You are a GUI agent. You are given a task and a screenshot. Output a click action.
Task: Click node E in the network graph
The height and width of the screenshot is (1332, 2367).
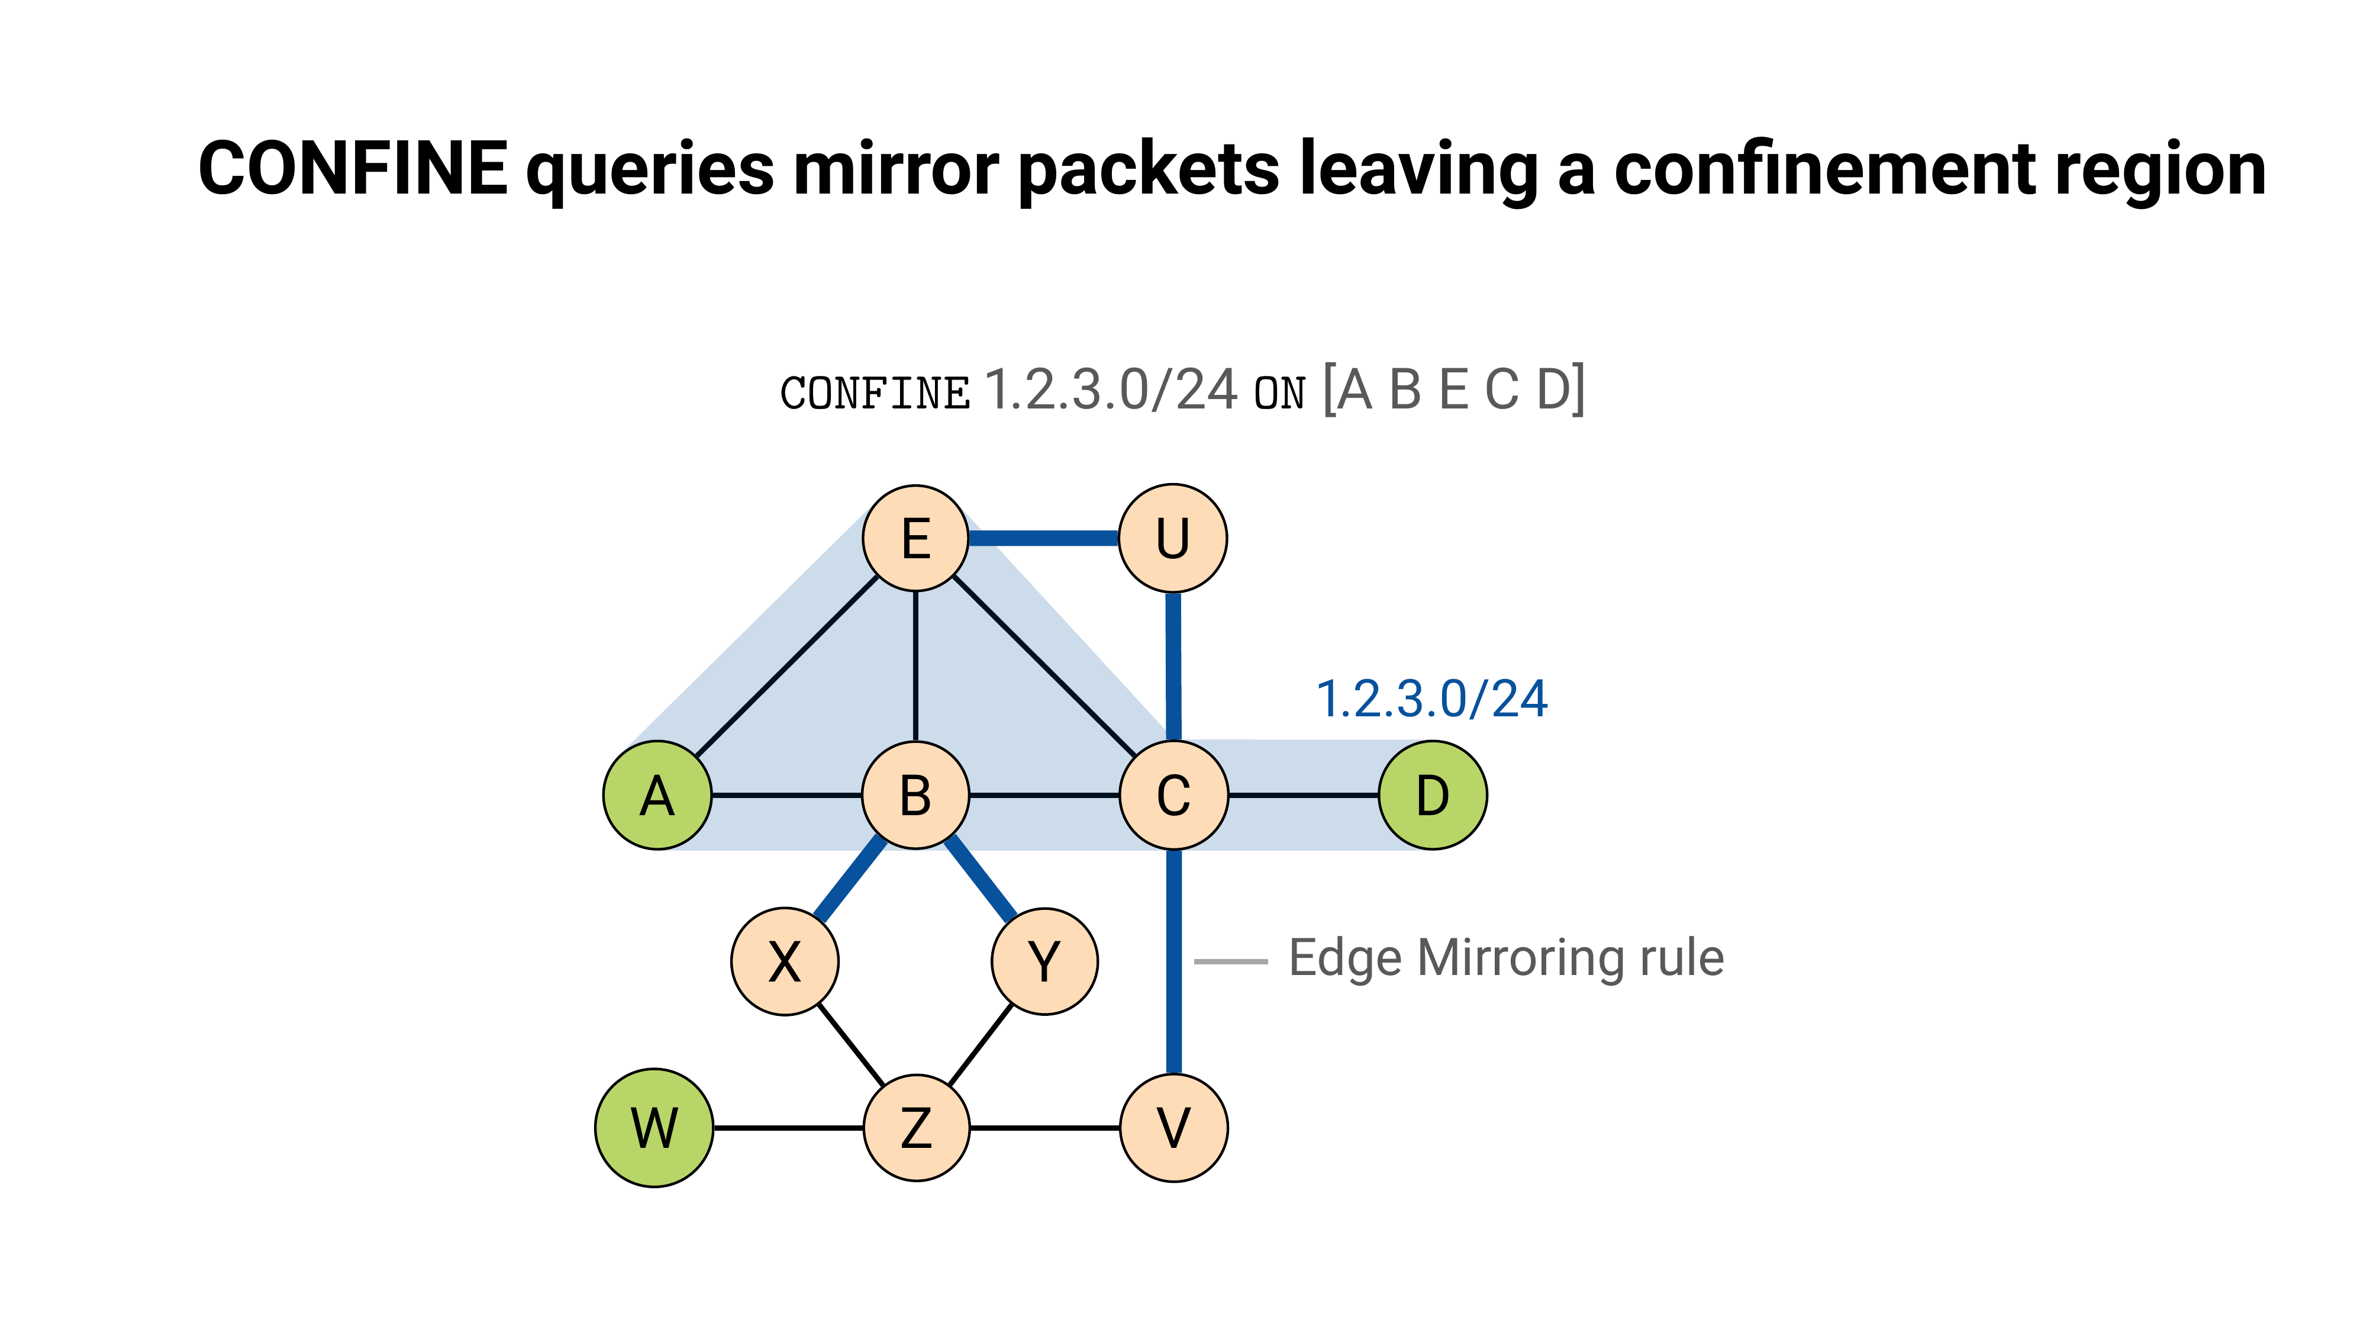[x=915, y=538]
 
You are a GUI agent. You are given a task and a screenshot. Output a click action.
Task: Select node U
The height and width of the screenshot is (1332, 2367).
[x=1172, y=538]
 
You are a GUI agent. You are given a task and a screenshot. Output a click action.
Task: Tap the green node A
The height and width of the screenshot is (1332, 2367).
[x=657, y=795]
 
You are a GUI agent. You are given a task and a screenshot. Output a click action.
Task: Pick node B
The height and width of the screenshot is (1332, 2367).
[x=915, y=795]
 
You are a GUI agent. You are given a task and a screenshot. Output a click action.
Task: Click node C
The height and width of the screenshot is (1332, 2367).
[x=1173, y=795]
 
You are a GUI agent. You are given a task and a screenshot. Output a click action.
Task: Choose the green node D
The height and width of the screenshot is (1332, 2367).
[x=1433, y=795]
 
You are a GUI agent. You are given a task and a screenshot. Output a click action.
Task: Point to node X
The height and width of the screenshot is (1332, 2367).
[x=785, y=961]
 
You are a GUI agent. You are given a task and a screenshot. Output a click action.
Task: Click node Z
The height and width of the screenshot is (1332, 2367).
[x=916, y=1127]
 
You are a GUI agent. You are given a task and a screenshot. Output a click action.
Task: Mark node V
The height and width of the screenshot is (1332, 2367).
[x=1173, y=1127]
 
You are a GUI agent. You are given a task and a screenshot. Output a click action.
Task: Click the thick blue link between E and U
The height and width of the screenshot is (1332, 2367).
[x=1044, y=538]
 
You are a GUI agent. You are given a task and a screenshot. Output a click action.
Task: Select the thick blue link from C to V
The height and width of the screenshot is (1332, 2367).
[x=1173, y=961]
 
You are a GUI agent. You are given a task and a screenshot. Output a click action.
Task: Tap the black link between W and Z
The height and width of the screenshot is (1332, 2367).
[x=788, y=1127]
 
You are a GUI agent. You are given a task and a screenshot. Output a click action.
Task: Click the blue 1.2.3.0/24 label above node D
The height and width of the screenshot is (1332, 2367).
[x=1431, y=699]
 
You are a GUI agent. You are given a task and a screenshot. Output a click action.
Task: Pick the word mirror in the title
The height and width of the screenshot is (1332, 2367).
[x=895, y=169]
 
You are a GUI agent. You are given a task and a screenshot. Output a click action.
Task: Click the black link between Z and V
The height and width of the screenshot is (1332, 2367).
[x=1045, y=1127]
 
